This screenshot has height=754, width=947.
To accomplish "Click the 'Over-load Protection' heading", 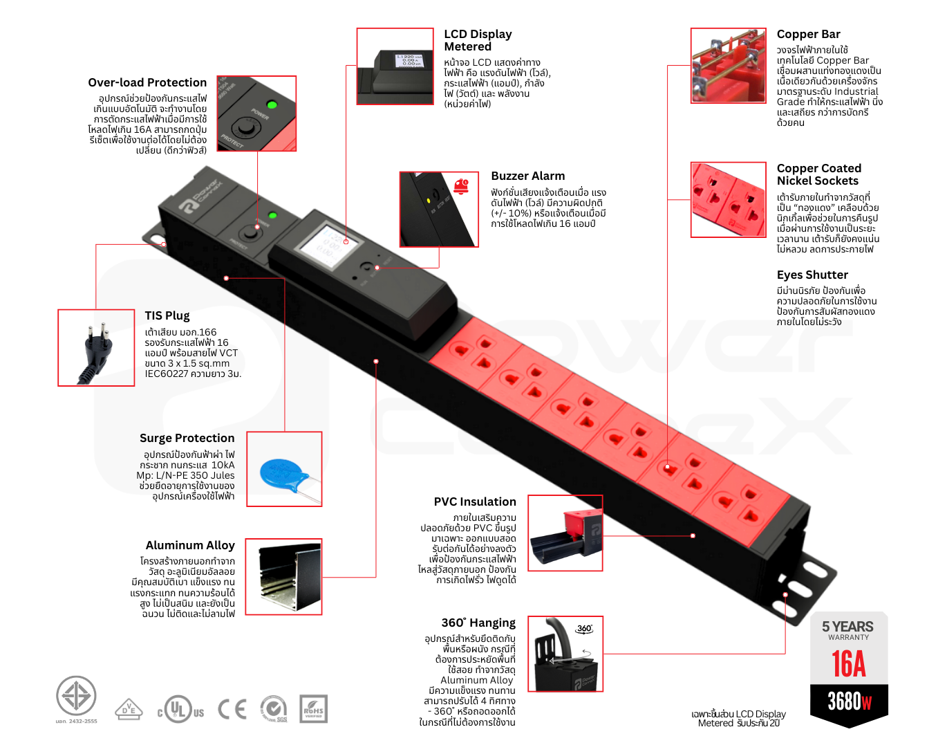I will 147,82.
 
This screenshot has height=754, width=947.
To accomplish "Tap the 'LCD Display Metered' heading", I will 478,40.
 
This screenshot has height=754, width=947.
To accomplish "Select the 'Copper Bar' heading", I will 808,34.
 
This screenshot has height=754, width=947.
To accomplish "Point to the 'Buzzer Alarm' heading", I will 527,176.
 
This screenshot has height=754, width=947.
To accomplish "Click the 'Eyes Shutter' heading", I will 812,275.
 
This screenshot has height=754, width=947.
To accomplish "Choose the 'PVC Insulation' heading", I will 475,502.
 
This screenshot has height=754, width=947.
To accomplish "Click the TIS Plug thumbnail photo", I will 96,347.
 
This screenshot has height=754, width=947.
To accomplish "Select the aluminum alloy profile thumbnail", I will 283,577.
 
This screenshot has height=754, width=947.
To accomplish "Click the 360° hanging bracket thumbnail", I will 565,654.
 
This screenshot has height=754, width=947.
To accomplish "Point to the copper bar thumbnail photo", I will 729,66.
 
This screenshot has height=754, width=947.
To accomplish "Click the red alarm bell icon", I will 461,185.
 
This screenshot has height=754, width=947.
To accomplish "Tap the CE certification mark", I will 232,709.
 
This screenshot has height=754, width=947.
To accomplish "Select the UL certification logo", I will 180,710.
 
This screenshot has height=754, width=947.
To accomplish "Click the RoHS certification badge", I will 313,709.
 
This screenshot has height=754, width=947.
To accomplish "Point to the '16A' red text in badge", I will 848,664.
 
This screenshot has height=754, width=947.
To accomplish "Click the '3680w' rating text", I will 850,701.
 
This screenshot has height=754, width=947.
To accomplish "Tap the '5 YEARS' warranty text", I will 847,627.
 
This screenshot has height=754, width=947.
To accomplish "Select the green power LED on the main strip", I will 272,215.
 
